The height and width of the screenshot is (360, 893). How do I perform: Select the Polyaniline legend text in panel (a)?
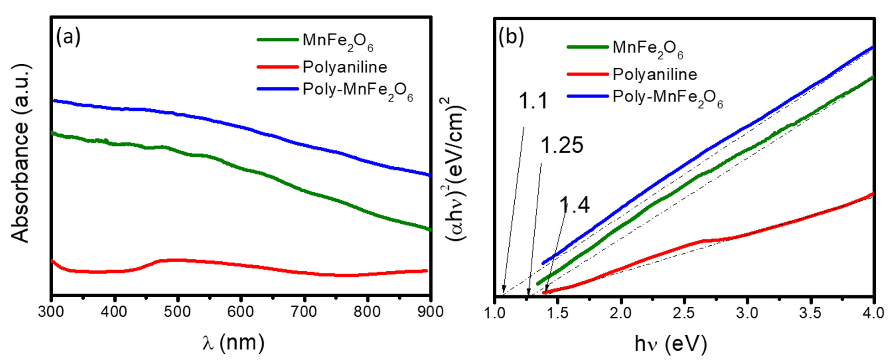(x=345, y=67)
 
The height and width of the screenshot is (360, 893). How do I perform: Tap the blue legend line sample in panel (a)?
(x=277, y=89)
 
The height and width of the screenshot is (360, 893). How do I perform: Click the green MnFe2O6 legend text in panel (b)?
(x=648, y=49)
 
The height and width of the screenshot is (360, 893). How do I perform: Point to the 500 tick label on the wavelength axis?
(x=177, y=312)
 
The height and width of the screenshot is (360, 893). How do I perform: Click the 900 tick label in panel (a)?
(x=430, y=312)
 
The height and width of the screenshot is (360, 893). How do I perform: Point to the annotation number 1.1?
(x=533, y=101)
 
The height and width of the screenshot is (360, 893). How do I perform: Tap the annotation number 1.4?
(x=574, y=205)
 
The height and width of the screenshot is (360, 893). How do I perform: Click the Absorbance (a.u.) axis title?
(x=21, y=153)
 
